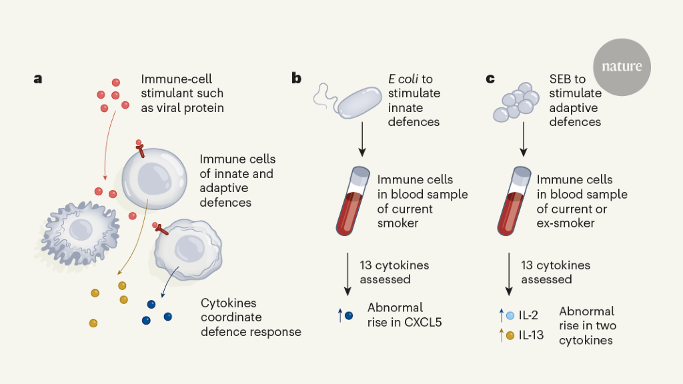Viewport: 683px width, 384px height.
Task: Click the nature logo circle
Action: tap(622, 67)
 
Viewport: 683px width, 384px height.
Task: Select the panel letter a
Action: tap(38, 79)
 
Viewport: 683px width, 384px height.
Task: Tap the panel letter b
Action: tap(296, 79)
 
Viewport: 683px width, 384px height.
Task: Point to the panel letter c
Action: tap(490, 79)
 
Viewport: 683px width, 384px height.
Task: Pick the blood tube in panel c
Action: tap(513, 200)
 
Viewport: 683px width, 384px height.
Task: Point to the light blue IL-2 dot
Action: tap(510, 315)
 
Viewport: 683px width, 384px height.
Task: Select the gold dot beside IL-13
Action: tap(510, 335)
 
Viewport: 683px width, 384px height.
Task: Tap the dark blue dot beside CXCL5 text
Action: tap(349, 315)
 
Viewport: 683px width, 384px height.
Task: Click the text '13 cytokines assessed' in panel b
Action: tap(394, 272)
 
